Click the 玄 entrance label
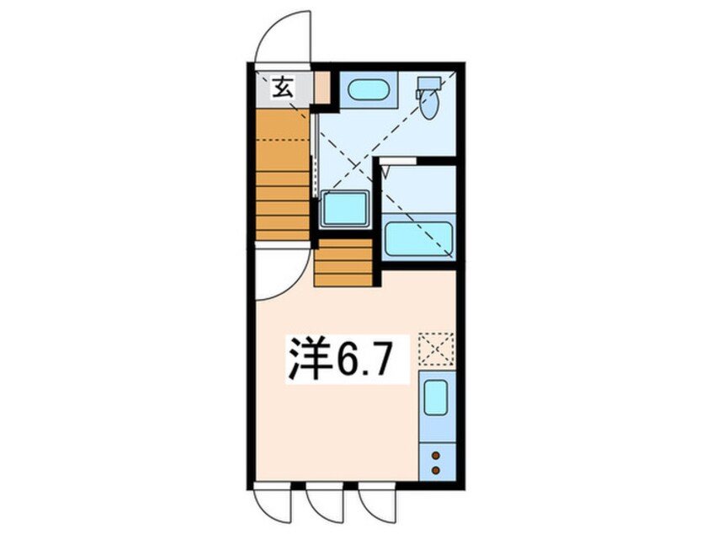282,88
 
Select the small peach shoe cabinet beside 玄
322,88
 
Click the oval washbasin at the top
368,89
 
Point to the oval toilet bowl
428,104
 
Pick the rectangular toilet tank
429,83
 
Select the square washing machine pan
345,209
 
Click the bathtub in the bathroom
418,239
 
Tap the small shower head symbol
386,172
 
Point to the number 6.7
363,359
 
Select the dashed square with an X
436,349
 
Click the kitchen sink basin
436,398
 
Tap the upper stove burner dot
436,455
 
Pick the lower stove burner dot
436,470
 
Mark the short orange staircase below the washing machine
343,263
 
